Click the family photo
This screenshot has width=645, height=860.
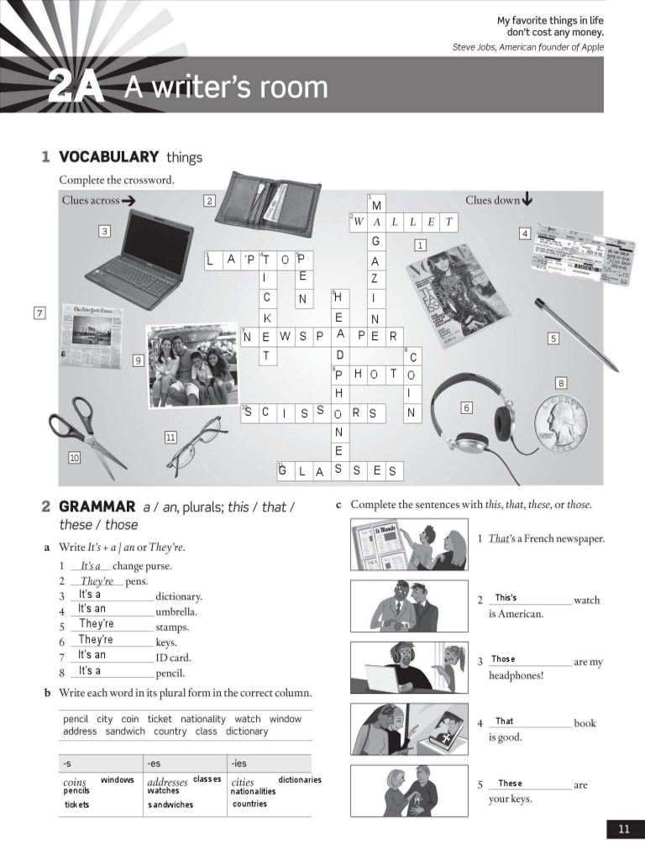pyautogui.click(x=191, y=365)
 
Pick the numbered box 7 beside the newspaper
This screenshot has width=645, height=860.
pyautogui.click(x=39, y=313)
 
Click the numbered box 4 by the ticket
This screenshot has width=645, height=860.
pyautogui.click(x=525, y=233)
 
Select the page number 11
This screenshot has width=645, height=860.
pyautogui.click(x=624, y=830)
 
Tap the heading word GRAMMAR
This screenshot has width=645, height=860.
pyautogui.click(x=97, y=506)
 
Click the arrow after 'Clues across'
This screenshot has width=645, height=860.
pyautogui.click(x=128, y=201)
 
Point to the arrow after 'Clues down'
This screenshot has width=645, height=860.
pyautogui.click(x=527, y=200)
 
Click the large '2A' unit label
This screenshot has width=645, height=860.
pyautogui.click(x=76, y=88)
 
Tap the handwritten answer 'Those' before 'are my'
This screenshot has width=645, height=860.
pyautogui.click(x=503, y=659)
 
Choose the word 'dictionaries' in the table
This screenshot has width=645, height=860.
pyautogui.click(x=300, y=780)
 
